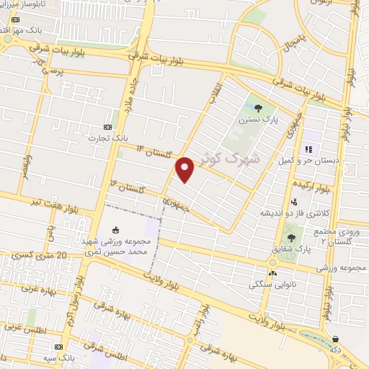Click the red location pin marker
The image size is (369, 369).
click(186, 169)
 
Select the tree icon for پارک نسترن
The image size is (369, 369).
click(258, 109)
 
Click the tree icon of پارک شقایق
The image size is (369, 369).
click(291, 237)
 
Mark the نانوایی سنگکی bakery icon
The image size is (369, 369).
click(272, 273)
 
